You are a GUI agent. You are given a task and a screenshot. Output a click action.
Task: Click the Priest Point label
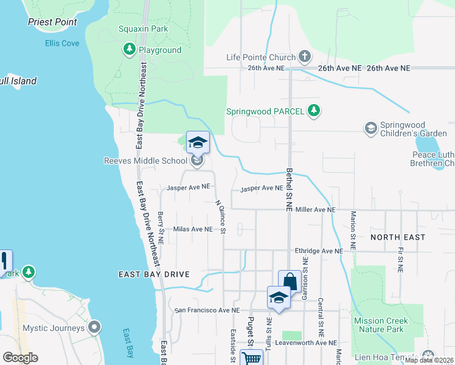tap(53, 22)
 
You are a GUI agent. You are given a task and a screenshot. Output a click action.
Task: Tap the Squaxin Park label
tap(143, 29)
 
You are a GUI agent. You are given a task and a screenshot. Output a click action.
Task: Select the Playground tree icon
tap(129, 50)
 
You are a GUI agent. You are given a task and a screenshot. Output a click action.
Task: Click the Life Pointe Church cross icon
tap(305, 58)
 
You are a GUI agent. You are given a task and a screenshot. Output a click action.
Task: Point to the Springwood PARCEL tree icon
tap(314, 111)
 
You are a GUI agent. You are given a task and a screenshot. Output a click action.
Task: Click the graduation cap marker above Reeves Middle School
tap(198, 143)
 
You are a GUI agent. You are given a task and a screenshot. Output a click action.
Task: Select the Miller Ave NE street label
tap(315, 210)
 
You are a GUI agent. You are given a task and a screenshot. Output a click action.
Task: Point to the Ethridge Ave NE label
tap(315, 251)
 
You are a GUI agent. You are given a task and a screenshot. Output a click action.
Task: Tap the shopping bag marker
tap(290, 282)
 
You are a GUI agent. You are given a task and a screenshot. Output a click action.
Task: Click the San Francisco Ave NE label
tap(207, 310)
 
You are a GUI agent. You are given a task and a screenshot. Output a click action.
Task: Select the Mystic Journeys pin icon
tap(94, 328)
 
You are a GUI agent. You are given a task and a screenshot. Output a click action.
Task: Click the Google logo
tap(20, 358)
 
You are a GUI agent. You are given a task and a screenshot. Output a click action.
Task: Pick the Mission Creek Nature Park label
tap(378, 325)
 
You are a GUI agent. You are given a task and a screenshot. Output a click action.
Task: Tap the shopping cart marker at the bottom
tap(251, 358)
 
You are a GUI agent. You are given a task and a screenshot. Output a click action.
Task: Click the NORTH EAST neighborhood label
tap(398, 237)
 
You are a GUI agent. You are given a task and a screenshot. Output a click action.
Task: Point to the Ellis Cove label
tap(62, 43)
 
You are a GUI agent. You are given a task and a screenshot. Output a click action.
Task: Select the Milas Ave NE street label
tap(193, 229)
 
